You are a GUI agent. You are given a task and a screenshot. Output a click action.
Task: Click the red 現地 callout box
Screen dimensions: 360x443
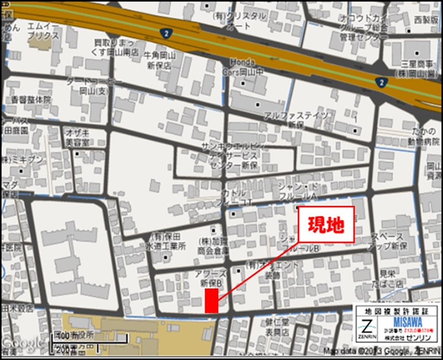[x=326, y=225]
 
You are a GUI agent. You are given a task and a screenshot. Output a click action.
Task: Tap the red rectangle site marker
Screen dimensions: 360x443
[x=211, y=301]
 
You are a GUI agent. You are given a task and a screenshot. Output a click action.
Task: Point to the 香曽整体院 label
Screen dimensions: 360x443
[x=31, y=100]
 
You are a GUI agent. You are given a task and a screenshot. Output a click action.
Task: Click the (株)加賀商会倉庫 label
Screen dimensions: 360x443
[x=214, y=246]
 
